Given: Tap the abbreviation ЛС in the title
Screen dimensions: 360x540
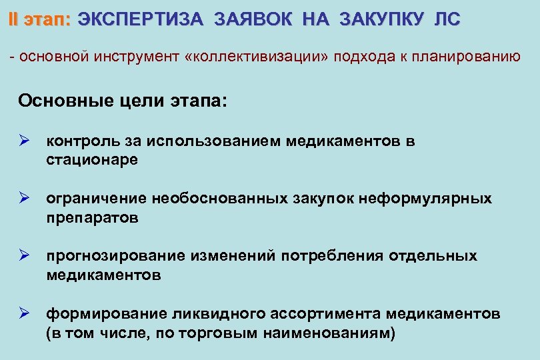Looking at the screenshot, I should [447, 20].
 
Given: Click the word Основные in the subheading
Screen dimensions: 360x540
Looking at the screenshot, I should [62, 101].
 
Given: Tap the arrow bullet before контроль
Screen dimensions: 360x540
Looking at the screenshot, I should [26, 141].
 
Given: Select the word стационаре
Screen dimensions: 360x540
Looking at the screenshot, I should [92, 160].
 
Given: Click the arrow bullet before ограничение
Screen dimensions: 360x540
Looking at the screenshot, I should [26, 199].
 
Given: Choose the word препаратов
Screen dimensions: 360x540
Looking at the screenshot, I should [93, 218].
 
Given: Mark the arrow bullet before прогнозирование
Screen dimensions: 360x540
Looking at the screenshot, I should [26, 256].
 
